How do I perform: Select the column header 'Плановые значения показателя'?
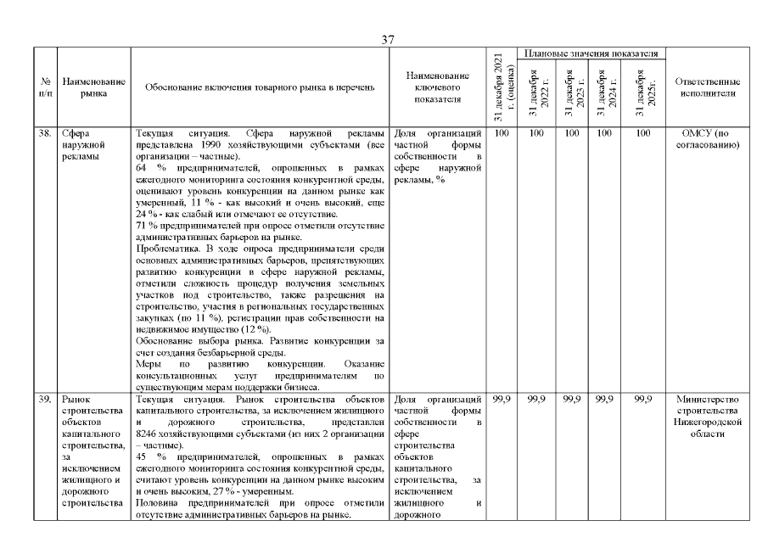591,53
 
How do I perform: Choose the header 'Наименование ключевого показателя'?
437,87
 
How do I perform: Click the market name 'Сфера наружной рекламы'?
83,145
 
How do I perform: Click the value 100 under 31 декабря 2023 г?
571,134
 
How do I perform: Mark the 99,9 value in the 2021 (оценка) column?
499,399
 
